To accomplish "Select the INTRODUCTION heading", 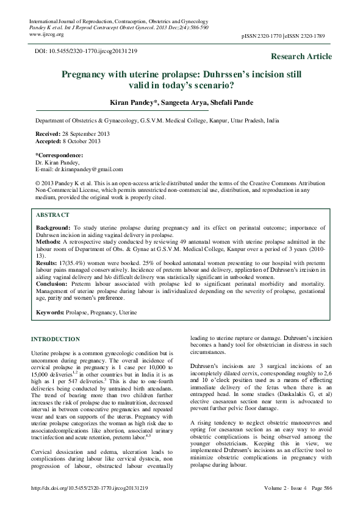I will [55, 339].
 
